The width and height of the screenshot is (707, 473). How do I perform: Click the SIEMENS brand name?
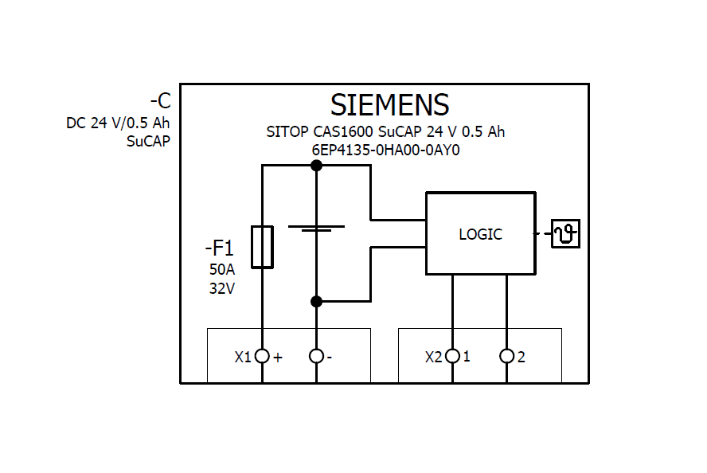pyautogui.click(x=389, y=105)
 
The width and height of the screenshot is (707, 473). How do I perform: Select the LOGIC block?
pyautogui.click(x=480, y=234)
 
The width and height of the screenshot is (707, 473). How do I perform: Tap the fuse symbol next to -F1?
pyautogui.click(x=262, y=246)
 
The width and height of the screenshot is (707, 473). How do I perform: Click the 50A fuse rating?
pyautogui.click(x=222, y=269)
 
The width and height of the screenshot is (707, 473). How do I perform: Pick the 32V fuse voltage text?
pyautogui.click(x=222, y=289)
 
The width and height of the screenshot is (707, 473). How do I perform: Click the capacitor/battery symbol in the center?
pyautogui.click(x=316, y=229)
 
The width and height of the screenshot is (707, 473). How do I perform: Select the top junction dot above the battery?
pyautogui.click(x=316, y=166)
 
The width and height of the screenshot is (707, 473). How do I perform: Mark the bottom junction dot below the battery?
pyautogui.click(x=316, y=301)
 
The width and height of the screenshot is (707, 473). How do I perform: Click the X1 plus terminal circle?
pyautogui.click(x=262, y=356)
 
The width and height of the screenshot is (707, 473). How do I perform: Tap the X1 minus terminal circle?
pyautogui.click(x=316, y=356)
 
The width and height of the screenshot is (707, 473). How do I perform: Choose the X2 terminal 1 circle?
pyautogui.click(x=452, y=356)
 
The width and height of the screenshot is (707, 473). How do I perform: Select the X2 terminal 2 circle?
pyautogui.click(x=506, y=356)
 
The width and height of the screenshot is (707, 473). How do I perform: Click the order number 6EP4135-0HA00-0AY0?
pyautogui.click(x=385, y=149)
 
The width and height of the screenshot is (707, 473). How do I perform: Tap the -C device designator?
pyautogui.click(x=160, y=102)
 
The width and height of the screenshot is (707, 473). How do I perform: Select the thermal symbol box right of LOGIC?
pyautogui.click(x=565, y=233)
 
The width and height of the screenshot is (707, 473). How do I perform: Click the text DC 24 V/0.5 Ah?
pyautogui.click(x=118, y=123)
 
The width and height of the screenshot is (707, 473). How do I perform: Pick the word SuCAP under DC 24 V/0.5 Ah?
pyautogui.click(x=148, y=142)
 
